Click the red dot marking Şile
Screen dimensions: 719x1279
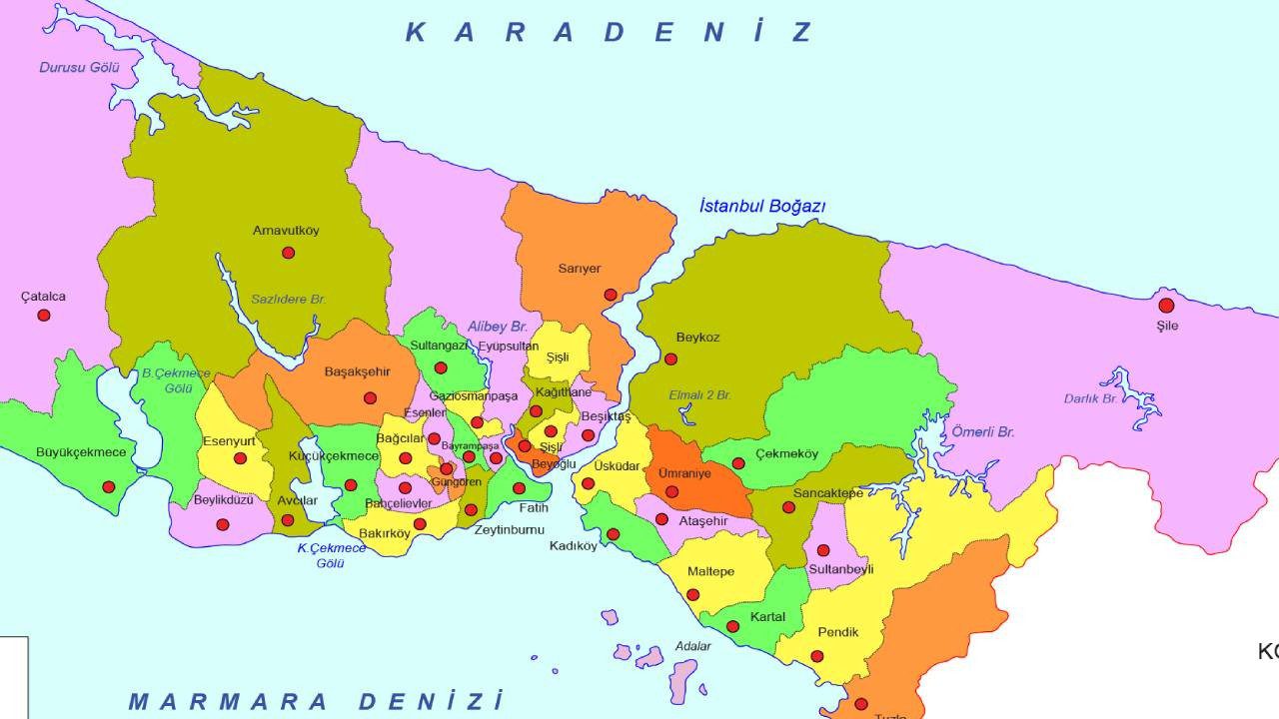[x=1166, y=306]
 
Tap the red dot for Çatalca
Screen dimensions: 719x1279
[x=44, y=316]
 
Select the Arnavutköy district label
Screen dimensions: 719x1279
[x=286, y=231]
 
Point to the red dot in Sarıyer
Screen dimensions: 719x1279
[x=611, y=295]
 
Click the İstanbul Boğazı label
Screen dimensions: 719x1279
[x=762, y=207]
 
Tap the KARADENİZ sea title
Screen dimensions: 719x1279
[x=610, y=32]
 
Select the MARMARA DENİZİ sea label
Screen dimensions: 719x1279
[x=315, y=700]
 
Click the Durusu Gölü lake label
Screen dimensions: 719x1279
[x=79, y=68]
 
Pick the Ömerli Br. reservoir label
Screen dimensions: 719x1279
[x=982, y=432]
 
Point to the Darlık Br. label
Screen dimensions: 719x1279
[x=1090, y=398]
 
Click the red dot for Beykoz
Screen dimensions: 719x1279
[x=671, y=359]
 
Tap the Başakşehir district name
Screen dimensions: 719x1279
[x=357, y=372]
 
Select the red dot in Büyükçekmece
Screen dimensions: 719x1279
[x=109, y=487]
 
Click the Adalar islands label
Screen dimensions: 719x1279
[x=692, y=646]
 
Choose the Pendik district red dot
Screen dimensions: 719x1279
[x=817, y=656]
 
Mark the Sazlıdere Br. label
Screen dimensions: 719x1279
[x=288, y=299]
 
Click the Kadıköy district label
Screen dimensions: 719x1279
[x=573, y=546]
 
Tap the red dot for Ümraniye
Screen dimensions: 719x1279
[x=672, y=491]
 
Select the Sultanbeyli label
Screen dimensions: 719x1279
[x=840, y=569]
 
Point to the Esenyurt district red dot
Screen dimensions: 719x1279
[x=240, y=458]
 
